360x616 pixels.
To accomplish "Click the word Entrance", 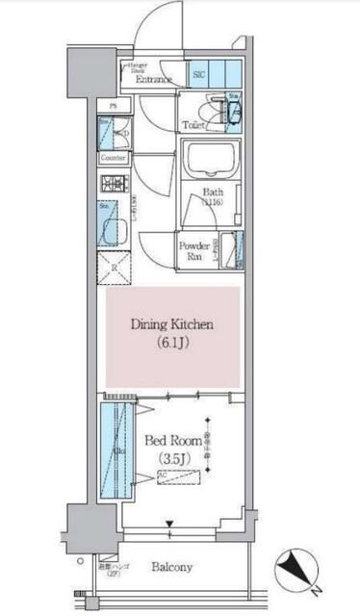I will (154, 80).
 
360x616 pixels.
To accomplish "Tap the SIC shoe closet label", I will (199, 74).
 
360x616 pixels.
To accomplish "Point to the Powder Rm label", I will (192, 250).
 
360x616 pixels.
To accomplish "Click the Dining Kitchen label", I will (171, 323).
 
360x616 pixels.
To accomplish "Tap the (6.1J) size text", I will (171, 344).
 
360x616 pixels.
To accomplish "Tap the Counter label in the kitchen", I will (113, 157).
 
